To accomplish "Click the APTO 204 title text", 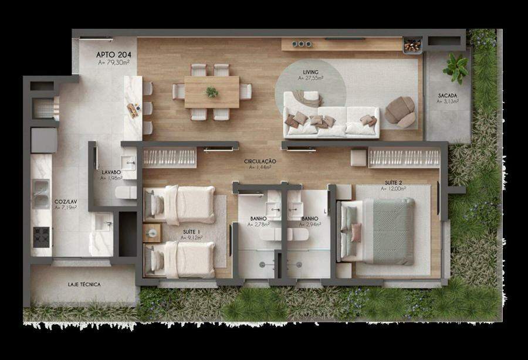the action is pyautogui.click(x=113, y=55).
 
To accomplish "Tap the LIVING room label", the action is pyautogui.click(x=310, y=72).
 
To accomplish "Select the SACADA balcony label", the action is pyautogui.click(x=448, y=96).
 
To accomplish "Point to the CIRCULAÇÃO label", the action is pyautogui.click(x=260, y=161).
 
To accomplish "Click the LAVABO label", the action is pyautogui.click(x=111, y=172).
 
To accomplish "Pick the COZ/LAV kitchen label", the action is pyautogui.click(x=66, y=202).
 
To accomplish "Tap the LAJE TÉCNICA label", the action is pyautogui.click(x=84, y=284).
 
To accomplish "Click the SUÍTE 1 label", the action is pyautogui.click(x=192, y=232).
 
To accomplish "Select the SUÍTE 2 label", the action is pyautogui.click(x=393, y=183).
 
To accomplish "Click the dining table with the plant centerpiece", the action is pyautogui.click(x=212, y=92).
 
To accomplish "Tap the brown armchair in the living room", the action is pyautogui.click(x=400, y=112).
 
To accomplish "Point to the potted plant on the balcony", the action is pyautogui.click(x=456, y=68).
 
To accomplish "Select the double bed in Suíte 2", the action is pyautogui.click(x=377, y=231).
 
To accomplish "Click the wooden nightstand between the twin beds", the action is pyautogui.click(x=152, y=233).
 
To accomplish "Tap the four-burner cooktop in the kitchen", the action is pyautogui.click(x=42, y=237).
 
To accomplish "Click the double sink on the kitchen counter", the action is pyautogui.click(x=40, y=194).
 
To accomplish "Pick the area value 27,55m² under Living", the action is pyautogui.click(x=310, y=78).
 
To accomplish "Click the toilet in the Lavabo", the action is pyautogui.click(x=126, y=192).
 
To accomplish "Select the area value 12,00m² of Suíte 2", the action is pyautogui.click(x=393, y=189).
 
